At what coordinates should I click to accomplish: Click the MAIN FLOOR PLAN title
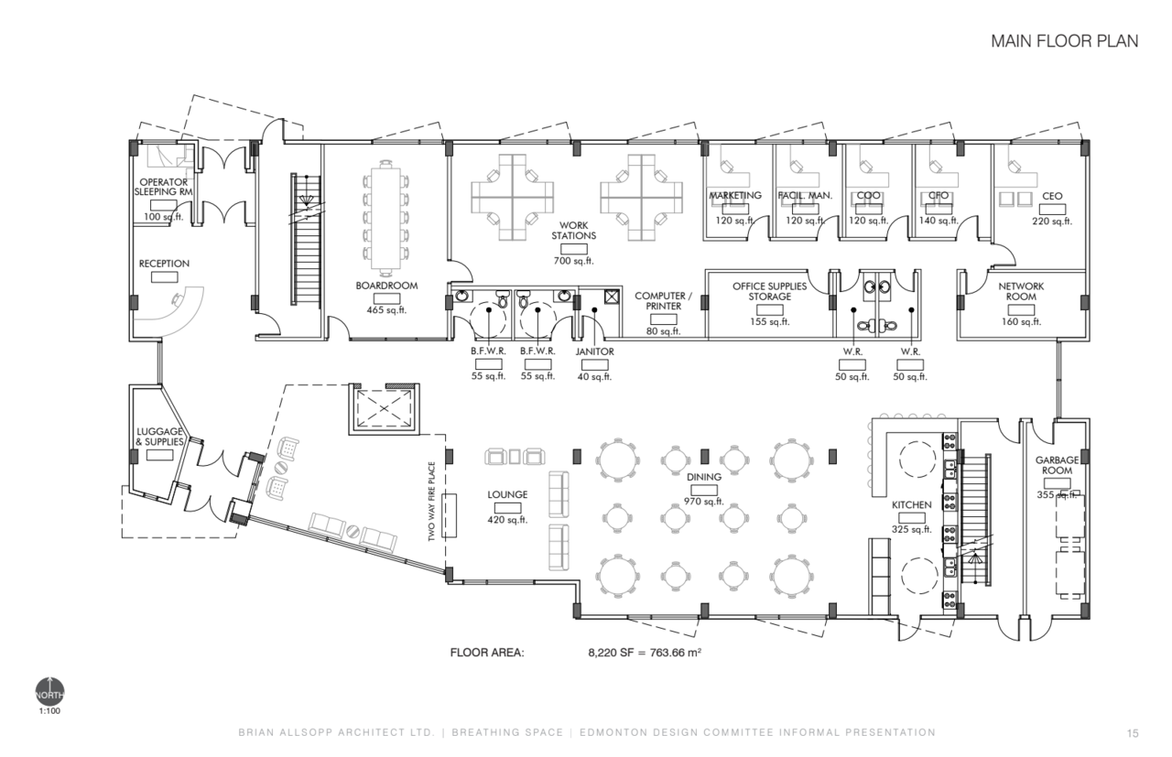point(1064,41)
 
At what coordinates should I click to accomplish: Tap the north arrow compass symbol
point(49,692)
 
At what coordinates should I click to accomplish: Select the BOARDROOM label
point(386,286)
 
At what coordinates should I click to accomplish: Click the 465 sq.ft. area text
point(386,309)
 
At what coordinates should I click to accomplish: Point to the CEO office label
point(1052,196)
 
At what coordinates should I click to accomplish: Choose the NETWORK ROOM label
point(1021,291)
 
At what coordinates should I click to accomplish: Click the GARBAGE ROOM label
point(1057,465)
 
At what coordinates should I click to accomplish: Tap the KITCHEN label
point(911,505)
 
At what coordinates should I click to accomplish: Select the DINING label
point(704,477)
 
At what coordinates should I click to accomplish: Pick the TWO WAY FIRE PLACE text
point(431,502)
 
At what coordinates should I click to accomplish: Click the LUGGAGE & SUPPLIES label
point(159,437)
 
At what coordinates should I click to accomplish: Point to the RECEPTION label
point(164,264)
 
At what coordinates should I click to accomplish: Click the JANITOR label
point(595,351)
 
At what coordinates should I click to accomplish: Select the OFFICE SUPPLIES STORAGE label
point(770,291)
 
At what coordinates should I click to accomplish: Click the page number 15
point(1133,733)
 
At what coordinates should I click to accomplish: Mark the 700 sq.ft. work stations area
point(574,261)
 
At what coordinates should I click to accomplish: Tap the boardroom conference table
point(386,218)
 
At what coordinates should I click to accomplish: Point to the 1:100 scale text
point(49,711)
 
